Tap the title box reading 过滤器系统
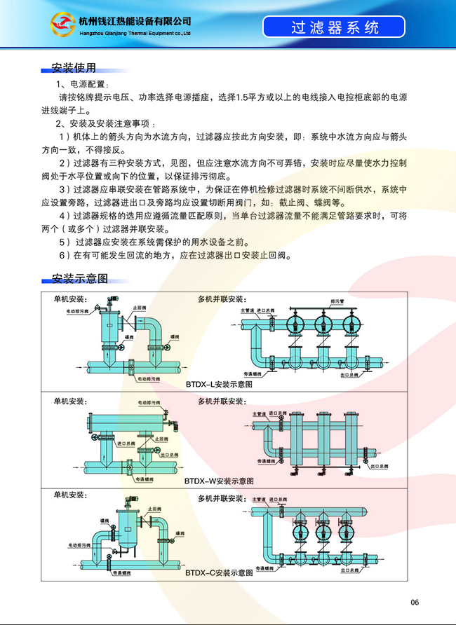(334, 28)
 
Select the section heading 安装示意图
(79, 278)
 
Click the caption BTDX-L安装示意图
(219, 385)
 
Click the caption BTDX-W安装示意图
(219, 481)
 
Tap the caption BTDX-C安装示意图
(219, 572)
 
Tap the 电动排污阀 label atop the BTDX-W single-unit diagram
(148, 403)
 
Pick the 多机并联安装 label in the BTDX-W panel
(221, 401)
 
